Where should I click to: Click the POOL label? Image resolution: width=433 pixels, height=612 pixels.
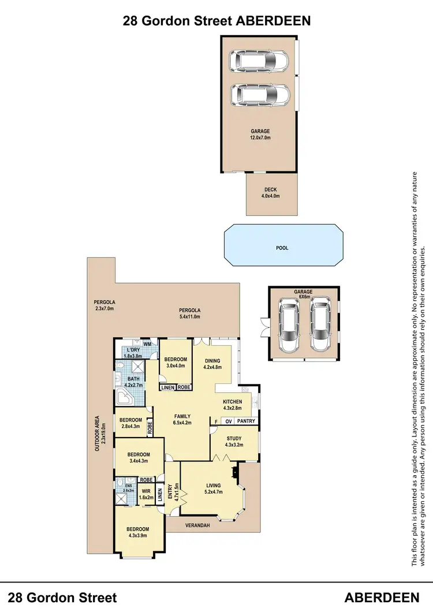pyautogui.click(x=282, y=248)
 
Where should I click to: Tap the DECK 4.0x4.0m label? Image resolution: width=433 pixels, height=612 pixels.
pyautogui.click(x=271, y=192)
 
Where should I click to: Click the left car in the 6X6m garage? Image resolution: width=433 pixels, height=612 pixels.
pyautogui.click(x=288, y=326)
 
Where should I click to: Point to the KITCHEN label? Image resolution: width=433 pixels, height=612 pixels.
pyautogui.click(x=233, y=405)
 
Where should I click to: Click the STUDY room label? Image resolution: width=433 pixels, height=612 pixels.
pyautogui.click(x=234, y=442)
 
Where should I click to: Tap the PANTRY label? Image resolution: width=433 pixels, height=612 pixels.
pyautogui.click(x=246, y=421)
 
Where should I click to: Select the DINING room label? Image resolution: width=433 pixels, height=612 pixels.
pyautogui.click(x=212, y=364)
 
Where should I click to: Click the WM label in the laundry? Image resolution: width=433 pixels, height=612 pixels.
pyautogui.click(x=147, y=345)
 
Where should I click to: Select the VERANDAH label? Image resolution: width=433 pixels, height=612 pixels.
pyautogui.click(x=197, y=525)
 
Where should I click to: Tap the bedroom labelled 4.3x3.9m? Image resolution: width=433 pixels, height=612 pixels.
pyautogui.click(x=139, y=532)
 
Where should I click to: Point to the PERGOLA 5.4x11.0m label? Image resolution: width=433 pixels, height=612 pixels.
pyautogui.click(x=189, y=313)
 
